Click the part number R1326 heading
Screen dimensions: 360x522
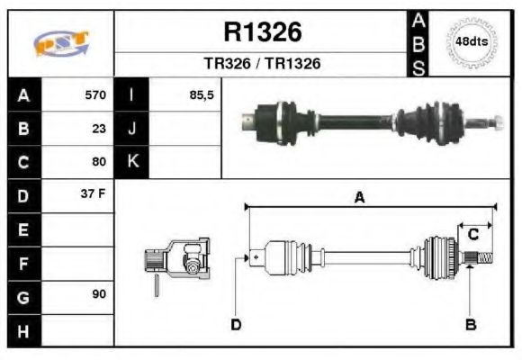coord(262,33)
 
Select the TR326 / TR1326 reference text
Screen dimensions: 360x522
coord(262,64)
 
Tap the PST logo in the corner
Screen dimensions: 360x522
coord(60,42)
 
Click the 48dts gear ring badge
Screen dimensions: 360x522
coord(470,42)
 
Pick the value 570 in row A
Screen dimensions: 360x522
coord(94,95)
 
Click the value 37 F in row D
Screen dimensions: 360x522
coord(94,194)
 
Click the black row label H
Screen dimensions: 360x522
coord(22,328)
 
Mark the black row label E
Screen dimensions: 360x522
coord(22,229)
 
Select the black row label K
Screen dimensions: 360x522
coord(132,162)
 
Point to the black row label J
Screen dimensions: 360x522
coord(132,128)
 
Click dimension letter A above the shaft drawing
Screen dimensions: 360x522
coord(359,198)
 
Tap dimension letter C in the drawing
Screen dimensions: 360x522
coord(472,235)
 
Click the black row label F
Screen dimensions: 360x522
coord(22,262)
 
